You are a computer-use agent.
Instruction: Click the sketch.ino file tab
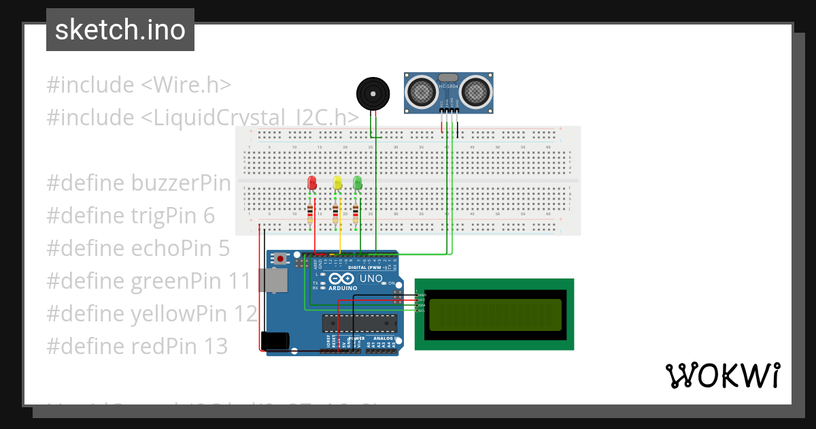click(120, 30)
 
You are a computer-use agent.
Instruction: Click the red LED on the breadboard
click(312, 183)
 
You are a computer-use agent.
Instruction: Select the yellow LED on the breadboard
click(337, 183)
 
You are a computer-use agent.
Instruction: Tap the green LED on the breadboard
click(358, 182)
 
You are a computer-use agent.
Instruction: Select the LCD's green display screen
click(494, 315)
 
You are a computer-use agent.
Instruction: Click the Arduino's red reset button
click(280, 258)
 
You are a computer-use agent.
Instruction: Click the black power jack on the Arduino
click(275, 340)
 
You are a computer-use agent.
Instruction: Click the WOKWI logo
click(722, 375)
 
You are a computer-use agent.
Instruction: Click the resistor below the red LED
click(311, 214)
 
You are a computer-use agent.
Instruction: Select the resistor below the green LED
click(356, 214)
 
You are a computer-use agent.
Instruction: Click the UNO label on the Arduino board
click(371, 279)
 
